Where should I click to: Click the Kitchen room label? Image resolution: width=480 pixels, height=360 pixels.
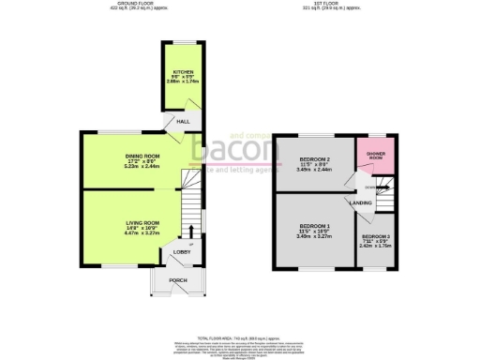tap(180, 73)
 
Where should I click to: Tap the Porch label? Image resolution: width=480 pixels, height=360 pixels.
tap(177, 280)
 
